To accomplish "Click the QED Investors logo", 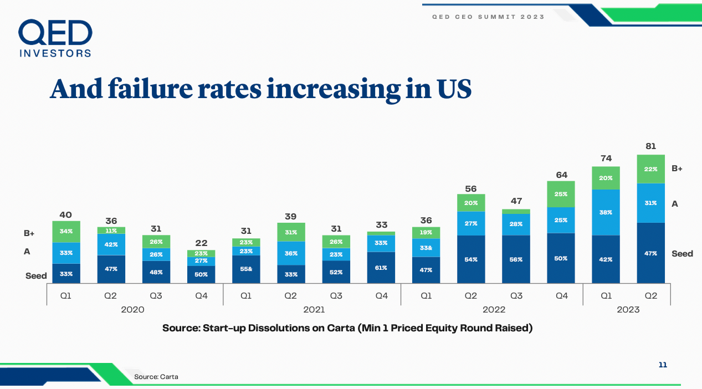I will pos(55,38).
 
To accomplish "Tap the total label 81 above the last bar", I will pos(651,146).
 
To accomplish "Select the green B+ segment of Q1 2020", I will pos(66,231).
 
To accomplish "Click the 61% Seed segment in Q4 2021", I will pos(381,268).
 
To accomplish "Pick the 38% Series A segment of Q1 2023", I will pos(606,212).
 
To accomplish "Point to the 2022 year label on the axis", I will pos(494,310).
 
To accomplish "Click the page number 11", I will pos(663,365).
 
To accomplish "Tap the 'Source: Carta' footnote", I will pos(156,377).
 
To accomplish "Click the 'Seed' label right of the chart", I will pos(682,253).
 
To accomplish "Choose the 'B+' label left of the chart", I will pos(29,234).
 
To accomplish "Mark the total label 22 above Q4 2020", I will pos(201,243).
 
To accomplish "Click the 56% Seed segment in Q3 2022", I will pos(516,259).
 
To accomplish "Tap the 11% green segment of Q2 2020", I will pos(111,231).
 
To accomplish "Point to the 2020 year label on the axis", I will pos(133,310).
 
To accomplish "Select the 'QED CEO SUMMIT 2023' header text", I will pos(488,17).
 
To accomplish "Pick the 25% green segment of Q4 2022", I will pos(561,194).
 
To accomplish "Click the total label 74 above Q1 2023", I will pos(606,158).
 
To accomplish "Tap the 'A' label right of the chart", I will pos(675,204).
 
